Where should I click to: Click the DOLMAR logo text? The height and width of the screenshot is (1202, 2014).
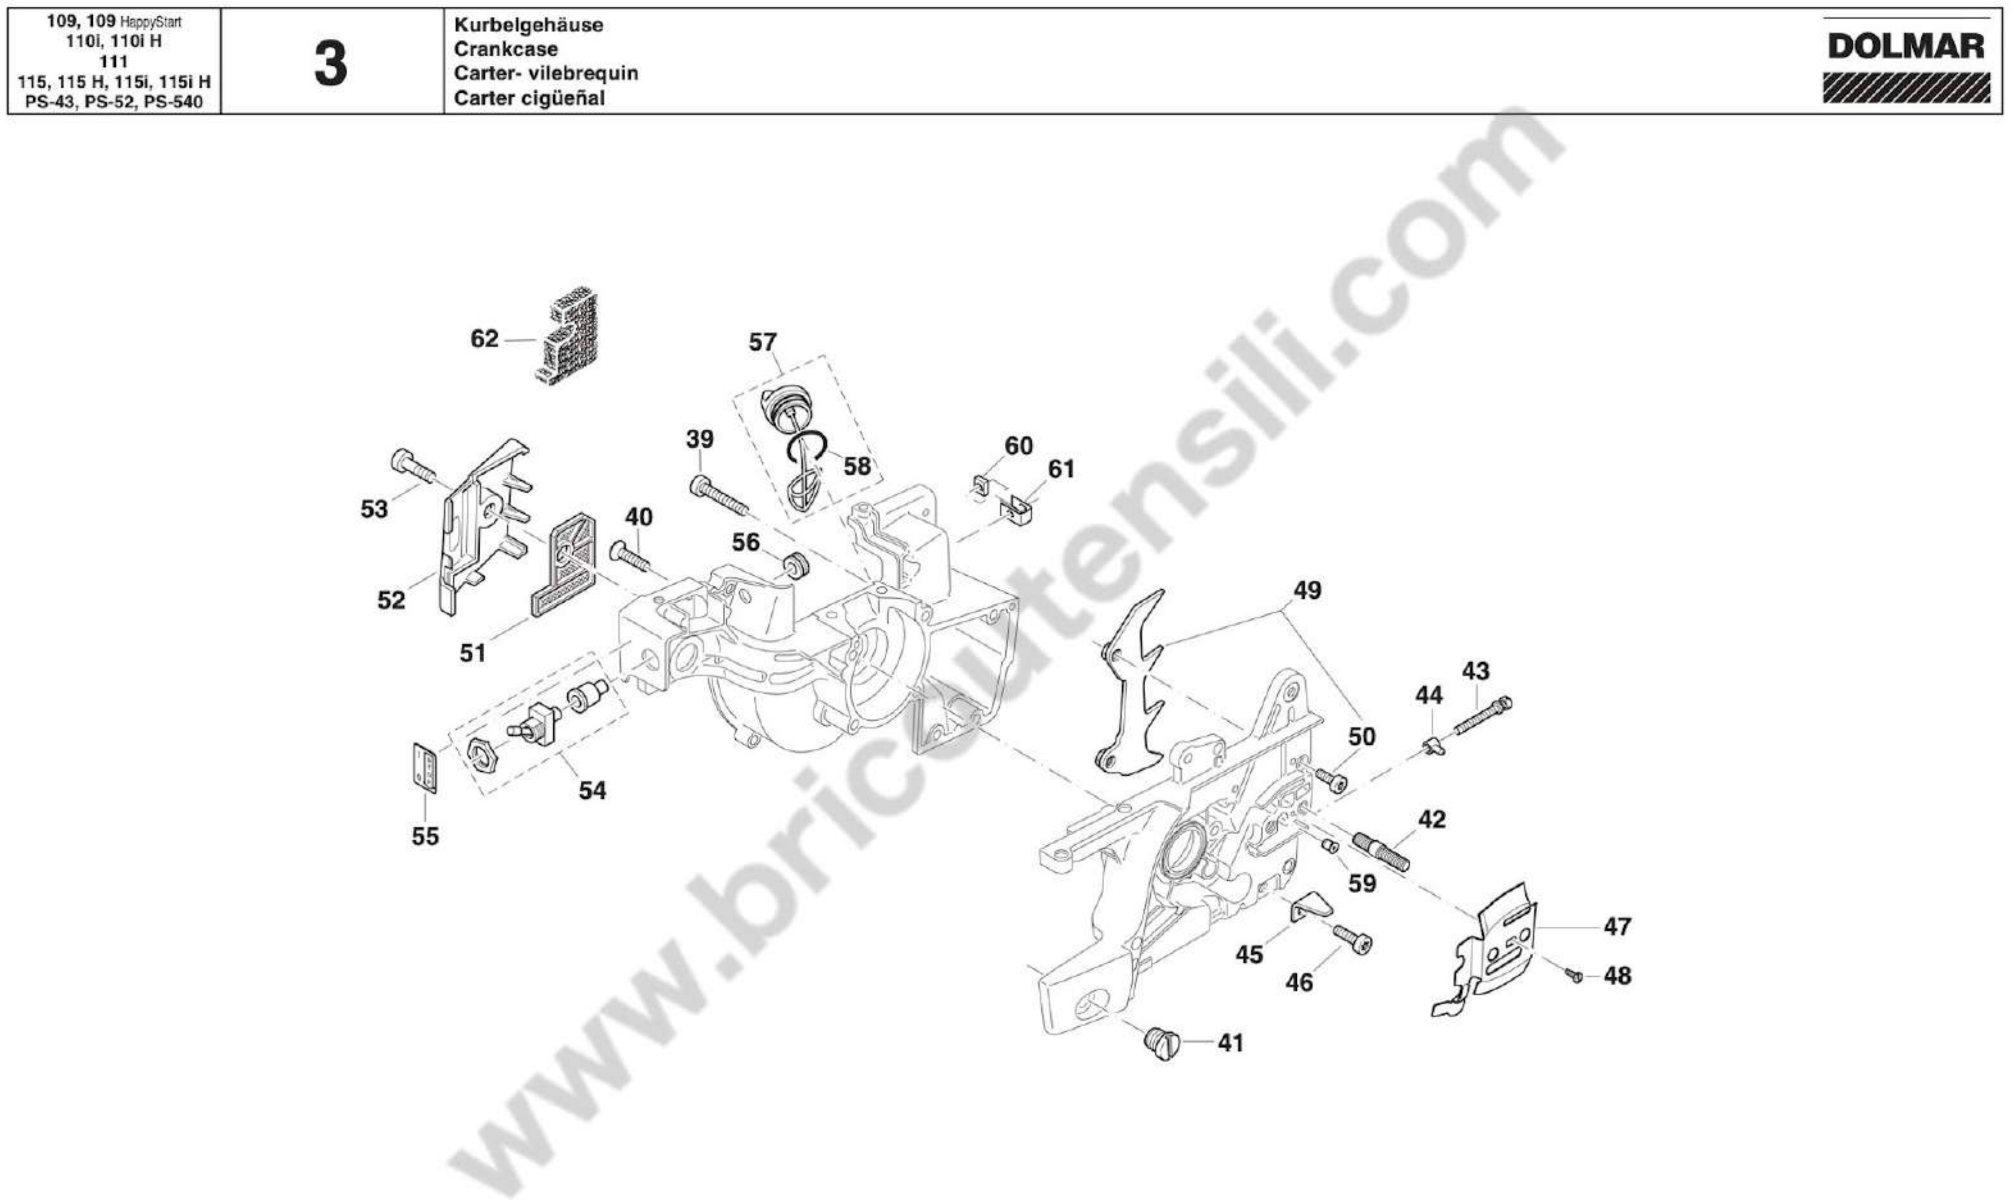(x=1905, y=47)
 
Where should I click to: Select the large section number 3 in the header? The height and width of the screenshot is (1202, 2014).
(x=330, y=65)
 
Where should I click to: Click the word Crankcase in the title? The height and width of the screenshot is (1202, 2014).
(x=505, y=49)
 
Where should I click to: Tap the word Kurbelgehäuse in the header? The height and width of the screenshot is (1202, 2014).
(x=528, y=24)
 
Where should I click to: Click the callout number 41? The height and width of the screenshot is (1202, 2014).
(x=1231, y=1043)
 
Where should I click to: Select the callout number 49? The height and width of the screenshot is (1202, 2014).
(x=1307, y=591)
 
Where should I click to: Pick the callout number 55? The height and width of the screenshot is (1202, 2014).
(x=425, y=836)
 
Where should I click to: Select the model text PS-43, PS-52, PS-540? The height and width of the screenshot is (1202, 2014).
(x=114, y=103)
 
